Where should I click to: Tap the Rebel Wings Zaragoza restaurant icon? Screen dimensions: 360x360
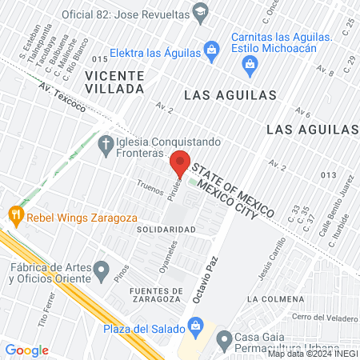point(14,215)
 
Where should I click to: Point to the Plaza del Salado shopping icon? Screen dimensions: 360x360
point(194,326)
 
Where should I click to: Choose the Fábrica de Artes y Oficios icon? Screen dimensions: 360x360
point(101,270)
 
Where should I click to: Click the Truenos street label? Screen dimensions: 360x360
point(149,187)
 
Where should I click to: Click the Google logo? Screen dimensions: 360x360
point(27,350)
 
